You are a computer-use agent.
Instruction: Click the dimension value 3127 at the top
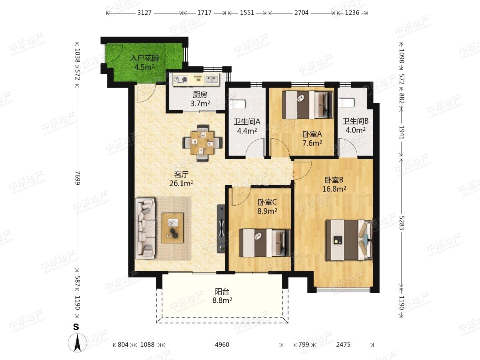[x=144, y=13]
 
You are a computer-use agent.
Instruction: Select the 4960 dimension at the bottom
[x=222, y=345]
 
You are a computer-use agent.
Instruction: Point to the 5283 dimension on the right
[x=402, y=223]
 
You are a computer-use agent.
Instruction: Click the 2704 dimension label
[x=301, y=13]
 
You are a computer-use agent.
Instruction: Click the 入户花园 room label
[x=144, y=58]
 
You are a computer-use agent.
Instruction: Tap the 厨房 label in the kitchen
[x=200, y=95]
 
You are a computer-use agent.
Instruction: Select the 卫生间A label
[x=247, y=122]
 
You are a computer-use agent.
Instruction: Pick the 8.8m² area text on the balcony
[x=222, y=300]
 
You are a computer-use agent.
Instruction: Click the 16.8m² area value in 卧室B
[x=334, y=189]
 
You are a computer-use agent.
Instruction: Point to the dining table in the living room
[x=202, y=143]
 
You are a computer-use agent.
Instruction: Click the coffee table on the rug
[x=172, y=228]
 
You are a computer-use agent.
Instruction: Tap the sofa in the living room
[x=146, y=228]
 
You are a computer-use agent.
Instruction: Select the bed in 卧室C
[x=265, y=243]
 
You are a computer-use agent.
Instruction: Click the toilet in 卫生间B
[x=346, y=103]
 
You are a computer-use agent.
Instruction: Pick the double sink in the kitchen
[x=212, y=79]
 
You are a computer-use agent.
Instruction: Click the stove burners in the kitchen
[x=180, y=79]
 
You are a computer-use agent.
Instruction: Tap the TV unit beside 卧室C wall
[x=221, y=229]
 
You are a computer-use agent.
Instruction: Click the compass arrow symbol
[x=77, y=343]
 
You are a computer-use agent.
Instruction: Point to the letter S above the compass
[x=76, y=327]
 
